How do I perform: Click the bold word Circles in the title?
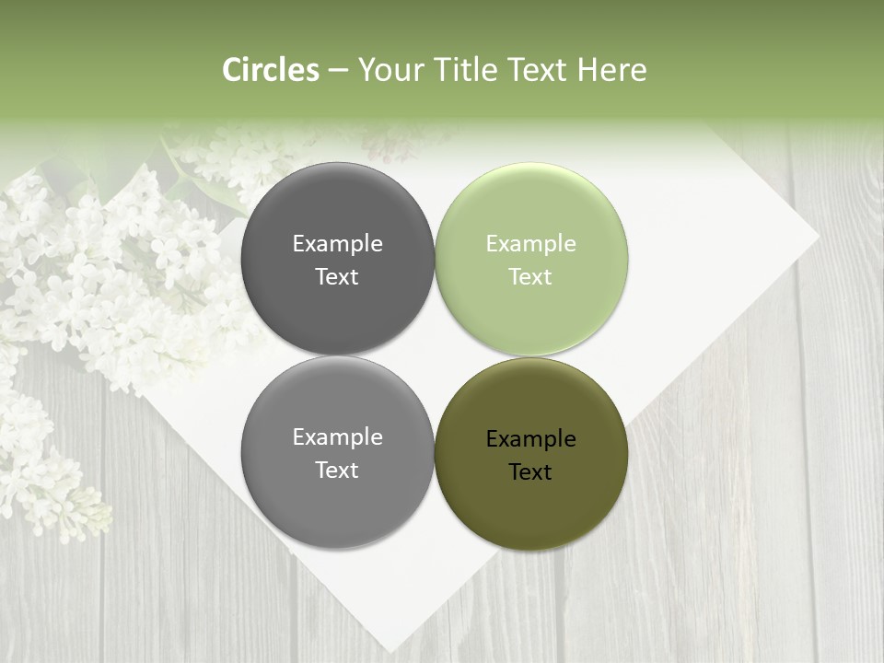tap(271, 70)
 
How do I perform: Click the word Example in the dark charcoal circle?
tap(337, 244)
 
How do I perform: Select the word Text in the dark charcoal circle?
tap(337, 277)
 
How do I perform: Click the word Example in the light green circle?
tap(530, 244)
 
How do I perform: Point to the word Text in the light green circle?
tap(530, 277)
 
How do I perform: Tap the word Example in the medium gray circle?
tap(337, 437)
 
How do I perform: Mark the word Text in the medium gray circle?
tap(337, 471)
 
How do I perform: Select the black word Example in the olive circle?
tap(530, 439)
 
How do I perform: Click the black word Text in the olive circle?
tap(530, 472)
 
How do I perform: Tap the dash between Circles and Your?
tap(337, 70)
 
